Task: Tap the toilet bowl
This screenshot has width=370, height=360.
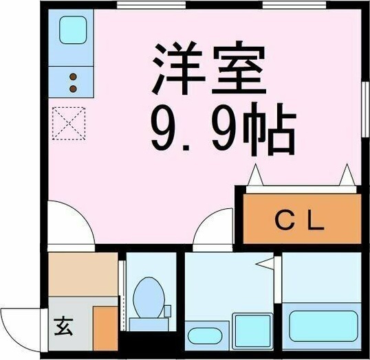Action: (146, 295)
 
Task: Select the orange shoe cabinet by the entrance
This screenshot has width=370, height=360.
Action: (105, 326)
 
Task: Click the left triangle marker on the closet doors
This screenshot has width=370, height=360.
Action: (254, 175)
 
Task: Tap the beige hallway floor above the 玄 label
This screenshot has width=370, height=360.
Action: (83, 274)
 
